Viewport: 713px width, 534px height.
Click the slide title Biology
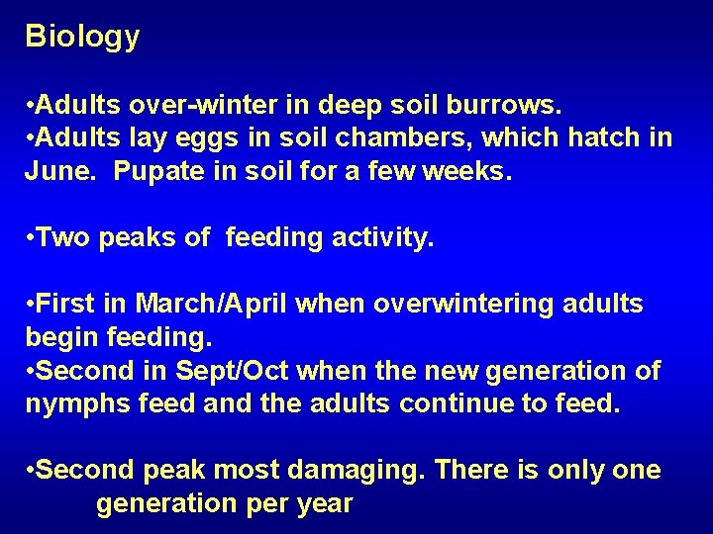(82, 38)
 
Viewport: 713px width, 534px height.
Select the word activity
(385, 238)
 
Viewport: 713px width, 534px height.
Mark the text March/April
(211, 305)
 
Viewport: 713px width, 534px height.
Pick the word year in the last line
(323, 504)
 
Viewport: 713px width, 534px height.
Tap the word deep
(340, 104)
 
